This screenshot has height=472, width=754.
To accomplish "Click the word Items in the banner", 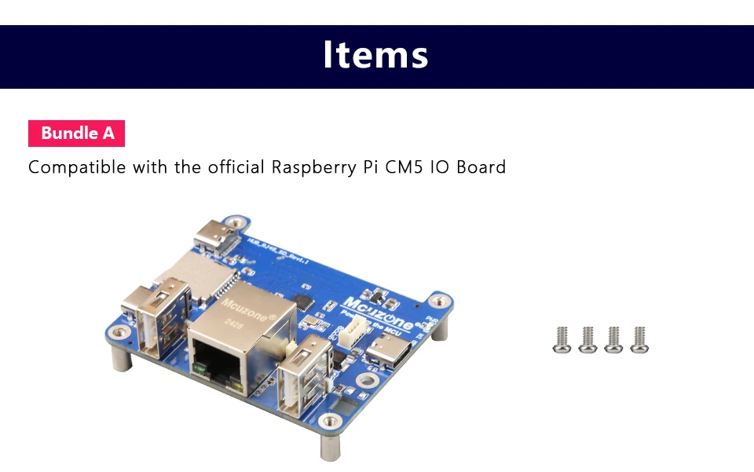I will click(375, 55).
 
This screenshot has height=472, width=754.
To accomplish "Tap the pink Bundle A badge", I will click(77, 134).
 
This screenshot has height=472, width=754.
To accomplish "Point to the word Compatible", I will click(77, 167).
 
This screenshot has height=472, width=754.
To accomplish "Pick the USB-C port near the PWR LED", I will click(393, 353).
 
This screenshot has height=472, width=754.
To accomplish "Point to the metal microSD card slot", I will click(196, 271).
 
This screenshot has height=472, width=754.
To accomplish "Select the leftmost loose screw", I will click(562, 339).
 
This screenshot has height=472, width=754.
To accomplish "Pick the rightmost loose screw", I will click(639, 339).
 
